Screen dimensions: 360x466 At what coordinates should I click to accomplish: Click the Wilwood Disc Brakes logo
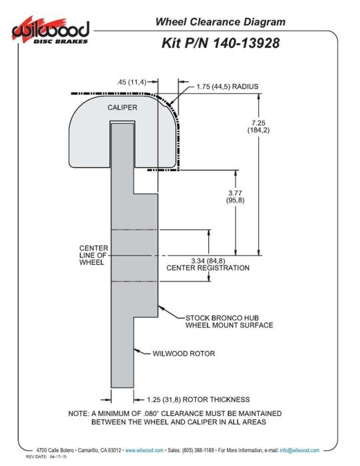[x=51, y=31]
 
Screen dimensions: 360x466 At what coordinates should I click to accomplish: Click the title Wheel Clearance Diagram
[x=220, y=22]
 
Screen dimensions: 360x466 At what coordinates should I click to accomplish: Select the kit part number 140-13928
[x=246, y=43]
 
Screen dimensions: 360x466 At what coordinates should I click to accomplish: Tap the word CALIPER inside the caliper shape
[x=122, y=107]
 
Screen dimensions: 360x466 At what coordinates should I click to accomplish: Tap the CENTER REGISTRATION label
[x=208, y=268]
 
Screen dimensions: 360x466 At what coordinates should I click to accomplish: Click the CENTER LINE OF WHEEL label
[x=94, y=255]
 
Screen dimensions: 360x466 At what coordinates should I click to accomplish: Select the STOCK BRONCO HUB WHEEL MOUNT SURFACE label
[x=230, y=322]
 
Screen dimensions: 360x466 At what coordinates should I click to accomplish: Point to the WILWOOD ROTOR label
[x=184, y=353]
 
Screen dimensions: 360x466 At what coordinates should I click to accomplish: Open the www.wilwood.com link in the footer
[x=144, y=450]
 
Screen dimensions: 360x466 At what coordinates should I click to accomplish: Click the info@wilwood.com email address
[x=299, y=450]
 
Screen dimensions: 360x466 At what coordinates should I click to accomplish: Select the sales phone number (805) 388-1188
[x=198, y=450]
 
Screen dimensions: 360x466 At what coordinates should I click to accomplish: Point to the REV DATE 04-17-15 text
[x=46, y=457]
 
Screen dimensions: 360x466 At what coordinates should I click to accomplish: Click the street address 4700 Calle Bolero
[x=55, y=450]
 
